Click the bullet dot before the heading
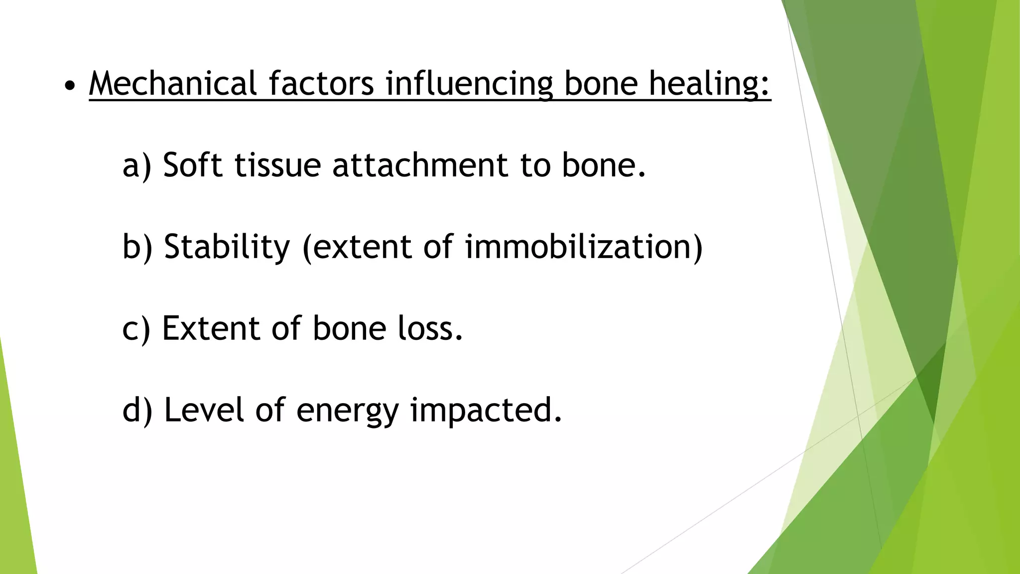(70, 86)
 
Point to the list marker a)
(137, 165)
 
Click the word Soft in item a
(192, 165)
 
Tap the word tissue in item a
(277, 165)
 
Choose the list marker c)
(136, 329)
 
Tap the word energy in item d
(347, 411)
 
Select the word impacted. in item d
(486, 411)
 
